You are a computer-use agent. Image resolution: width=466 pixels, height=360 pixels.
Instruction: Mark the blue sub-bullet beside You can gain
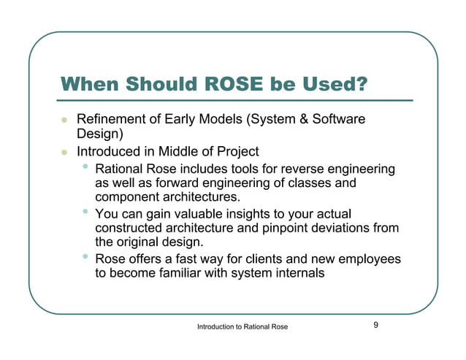tap(86, 212)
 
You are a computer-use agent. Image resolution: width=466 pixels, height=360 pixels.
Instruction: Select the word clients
tap(258, 259)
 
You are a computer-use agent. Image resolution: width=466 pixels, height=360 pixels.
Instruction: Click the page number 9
tap(375, 325)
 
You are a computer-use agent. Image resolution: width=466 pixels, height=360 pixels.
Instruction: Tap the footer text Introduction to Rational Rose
tap(242, 326)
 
